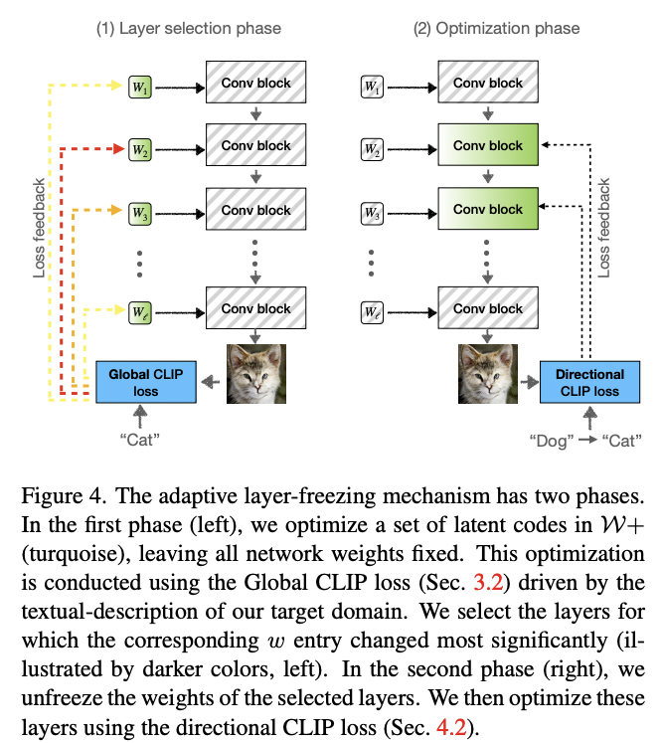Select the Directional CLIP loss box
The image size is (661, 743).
591,382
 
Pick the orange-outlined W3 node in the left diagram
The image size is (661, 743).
139,213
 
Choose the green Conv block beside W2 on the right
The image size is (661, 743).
488,146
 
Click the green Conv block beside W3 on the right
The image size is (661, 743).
488,210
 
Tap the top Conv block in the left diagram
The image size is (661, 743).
256,83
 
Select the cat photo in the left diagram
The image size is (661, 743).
256,374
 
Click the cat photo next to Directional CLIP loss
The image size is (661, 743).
489,374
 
